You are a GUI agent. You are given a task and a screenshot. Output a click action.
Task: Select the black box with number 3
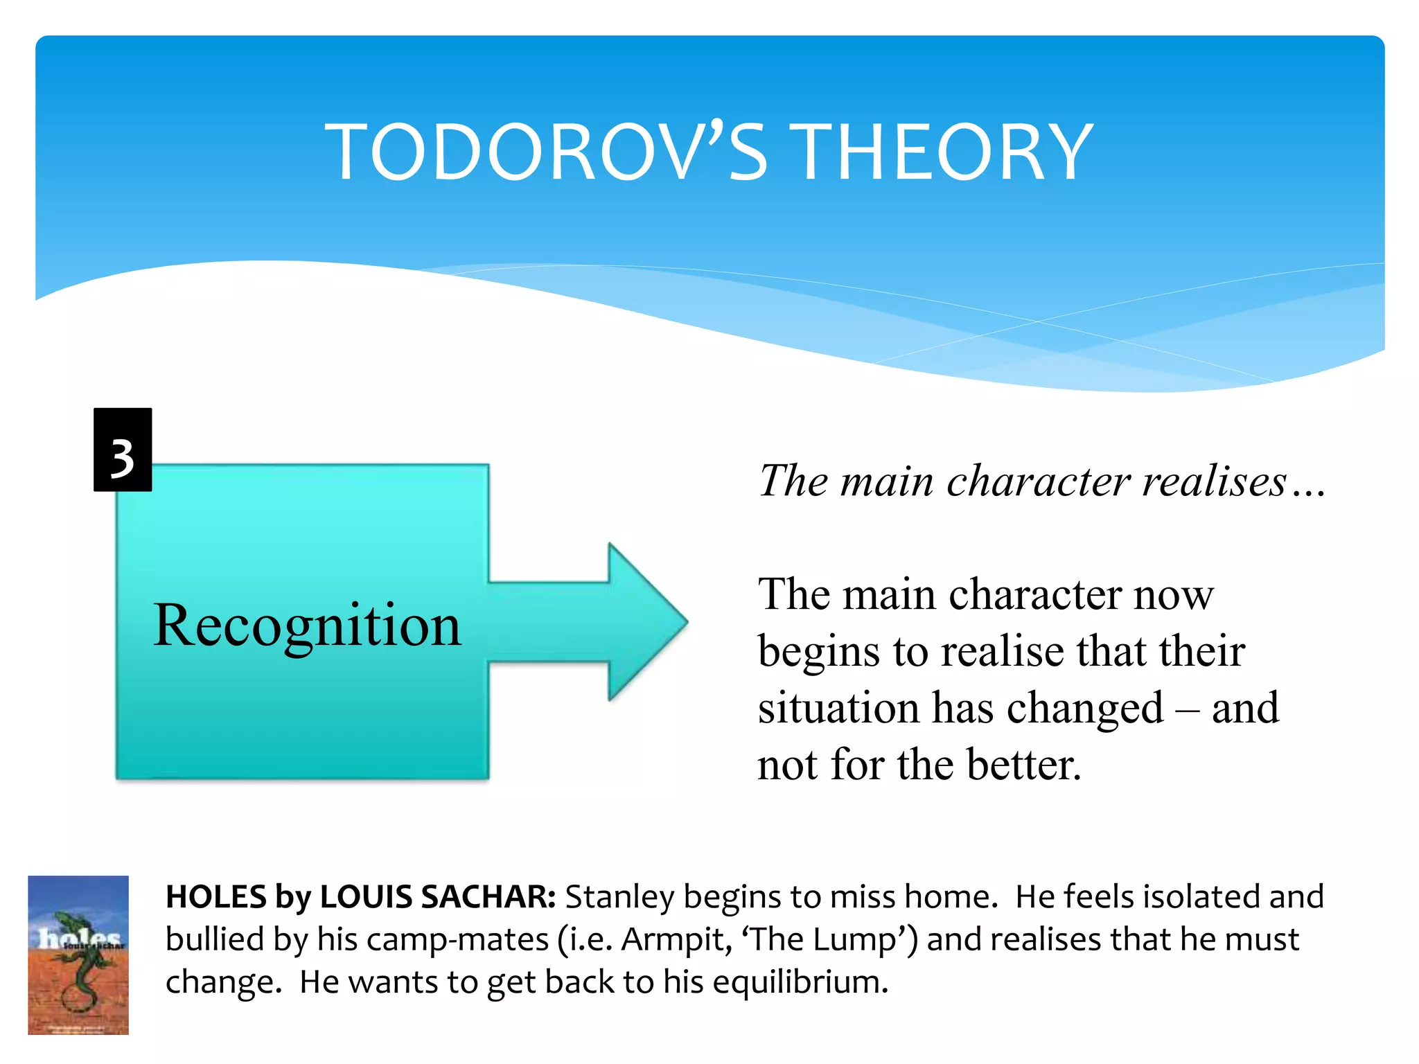pyautogui.click(x=123, y=450)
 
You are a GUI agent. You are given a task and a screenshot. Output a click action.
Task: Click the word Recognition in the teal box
pyautogui.click(x=307, y=626)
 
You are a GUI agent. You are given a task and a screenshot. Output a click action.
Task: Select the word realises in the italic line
pyautogui.click(x=1214, y=481)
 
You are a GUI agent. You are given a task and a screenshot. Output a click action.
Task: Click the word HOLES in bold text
pyautogui.click(x=215, y=897)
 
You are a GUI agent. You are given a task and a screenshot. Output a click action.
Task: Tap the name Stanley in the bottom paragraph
pyautogui.click(x=619, y=897)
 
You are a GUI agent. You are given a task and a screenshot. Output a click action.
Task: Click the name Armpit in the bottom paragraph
pyautogui.click(x=676, y=940)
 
